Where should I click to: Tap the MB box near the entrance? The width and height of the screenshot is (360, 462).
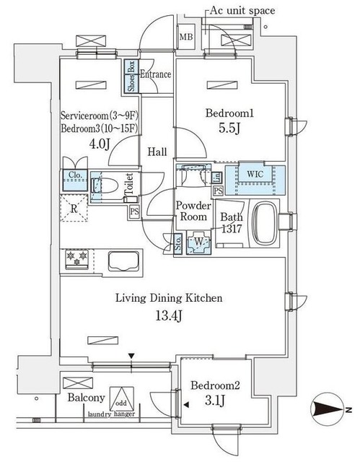pos(185,37)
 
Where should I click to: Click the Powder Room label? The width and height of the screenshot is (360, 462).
pos(193,211)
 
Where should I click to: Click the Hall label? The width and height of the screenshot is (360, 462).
pos(159,152)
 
